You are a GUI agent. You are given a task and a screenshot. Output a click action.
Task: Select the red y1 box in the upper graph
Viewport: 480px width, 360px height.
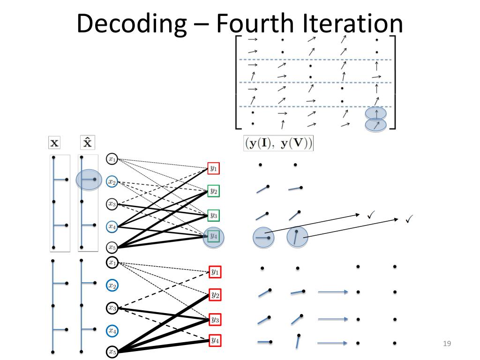(213, 168)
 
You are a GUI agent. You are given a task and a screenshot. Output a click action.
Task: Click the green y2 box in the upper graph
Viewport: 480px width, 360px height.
(213, 191)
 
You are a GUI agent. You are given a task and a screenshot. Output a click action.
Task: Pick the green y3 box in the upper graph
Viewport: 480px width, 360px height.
(213, 216)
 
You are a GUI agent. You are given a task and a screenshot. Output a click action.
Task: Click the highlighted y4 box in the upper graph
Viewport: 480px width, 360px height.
(213, 236)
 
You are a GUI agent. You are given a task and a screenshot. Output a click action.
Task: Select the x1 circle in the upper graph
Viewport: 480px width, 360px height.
(112, 159)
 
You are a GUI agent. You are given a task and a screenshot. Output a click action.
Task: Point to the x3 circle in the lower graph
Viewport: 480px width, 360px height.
(112, 308)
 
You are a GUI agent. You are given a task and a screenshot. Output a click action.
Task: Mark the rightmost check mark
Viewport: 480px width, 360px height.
(408, 218)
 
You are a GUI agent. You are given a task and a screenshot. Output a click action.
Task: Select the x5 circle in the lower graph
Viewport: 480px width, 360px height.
(112, 351)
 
